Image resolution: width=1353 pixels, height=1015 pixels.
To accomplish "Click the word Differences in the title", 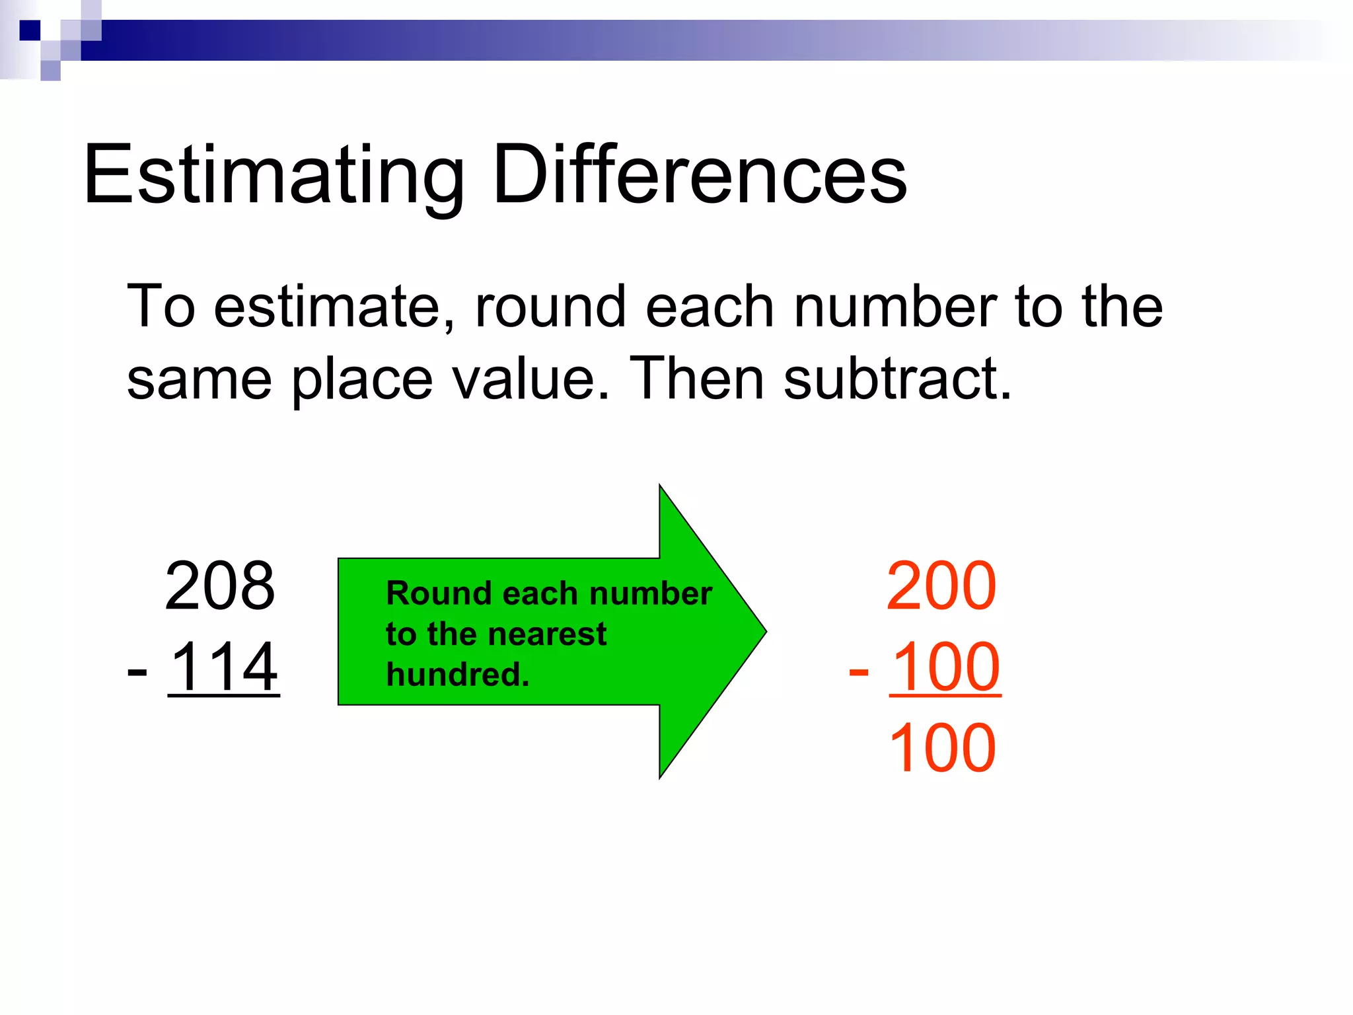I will click(700, 175).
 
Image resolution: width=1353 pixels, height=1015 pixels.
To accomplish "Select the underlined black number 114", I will click(224, 667).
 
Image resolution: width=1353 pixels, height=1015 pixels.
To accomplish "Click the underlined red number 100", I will click(945, 667).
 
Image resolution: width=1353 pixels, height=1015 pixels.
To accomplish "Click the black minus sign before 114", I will click(137, 671).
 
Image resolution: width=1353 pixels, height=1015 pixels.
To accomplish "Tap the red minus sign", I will click(858, 671).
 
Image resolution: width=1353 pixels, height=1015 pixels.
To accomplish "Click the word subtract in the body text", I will click(897, 379).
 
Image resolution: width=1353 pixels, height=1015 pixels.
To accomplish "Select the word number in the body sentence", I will click(895, 307).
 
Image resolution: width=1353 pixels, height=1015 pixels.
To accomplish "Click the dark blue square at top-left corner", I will click(30, 30).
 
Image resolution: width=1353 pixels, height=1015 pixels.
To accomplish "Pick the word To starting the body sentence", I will click(161, 307).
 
